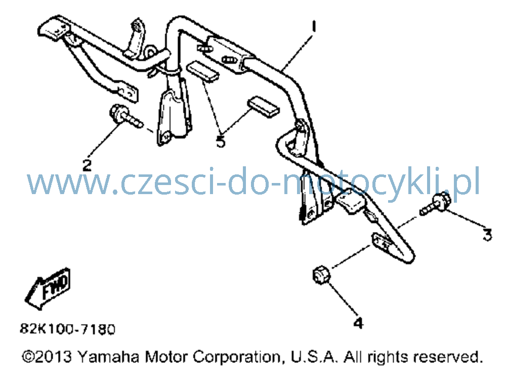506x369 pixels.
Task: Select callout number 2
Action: (87, 165)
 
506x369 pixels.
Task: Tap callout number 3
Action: (487, 235)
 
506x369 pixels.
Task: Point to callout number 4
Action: (359, 323)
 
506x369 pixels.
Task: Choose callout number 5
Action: (221, 142)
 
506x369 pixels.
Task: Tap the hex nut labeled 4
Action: (321, 274)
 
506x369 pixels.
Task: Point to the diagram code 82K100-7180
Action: (68, 329)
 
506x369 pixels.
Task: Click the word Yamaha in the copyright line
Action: (108, 357)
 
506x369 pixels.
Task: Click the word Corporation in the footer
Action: (237, 357)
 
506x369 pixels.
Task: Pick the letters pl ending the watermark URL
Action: (471, 182)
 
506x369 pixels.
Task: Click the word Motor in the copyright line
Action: (166, 357)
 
